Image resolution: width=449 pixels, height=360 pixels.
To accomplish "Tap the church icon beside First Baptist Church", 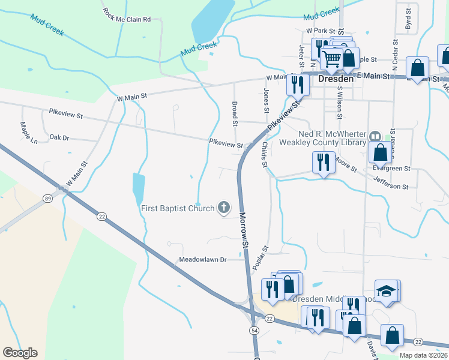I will click(x=224, y=208).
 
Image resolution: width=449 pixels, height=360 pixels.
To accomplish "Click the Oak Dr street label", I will click(x=59, y=137).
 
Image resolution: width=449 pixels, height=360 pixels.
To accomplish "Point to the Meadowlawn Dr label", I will click(x=202, y=260).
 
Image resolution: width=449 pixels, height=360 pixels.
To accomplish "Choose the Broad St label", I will click(x=235, y=114).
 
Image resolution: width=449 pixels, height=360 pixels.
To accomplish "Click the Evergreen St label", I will click(x=390, y=169).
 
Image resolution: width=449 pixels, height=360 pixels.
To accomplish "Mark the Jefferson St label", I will click(x=391, y=182).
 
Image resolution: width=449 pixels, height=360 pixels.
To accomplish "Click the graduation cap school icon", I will click(x=386, y=291).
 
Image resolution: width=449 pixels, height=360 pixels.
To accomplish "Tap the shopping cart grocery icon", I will click(x=331, y=58).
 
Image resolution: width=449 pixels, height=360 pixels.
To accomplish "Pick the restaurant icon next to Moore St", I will click(x=323, y=161).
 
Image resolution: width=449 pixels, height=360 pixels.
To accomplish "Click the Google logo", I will click(x=20, y=353).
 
